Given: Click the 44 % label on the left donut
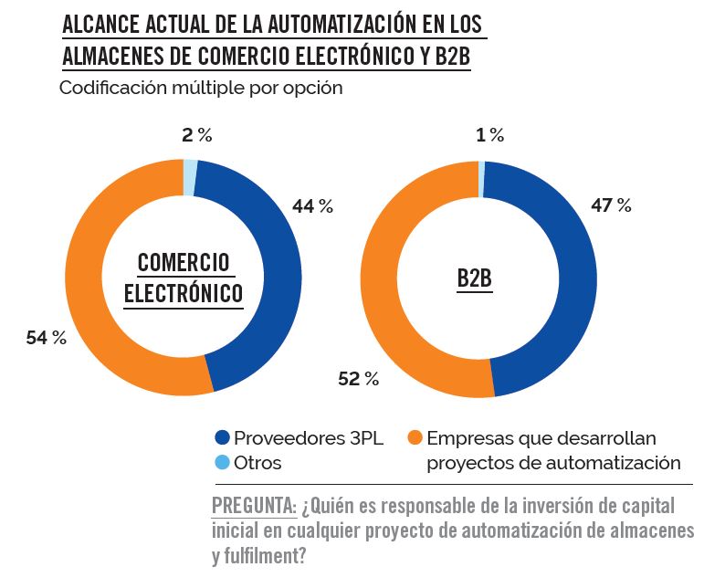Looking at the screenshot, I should click(x=312, y=206).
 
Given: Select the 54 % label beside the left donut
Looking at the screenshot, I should click(x=47, y=339).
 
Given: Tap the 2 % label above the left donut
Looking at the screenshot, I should click(x=196, y=135).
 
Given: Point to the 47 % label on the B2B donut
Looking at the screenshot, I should click(x=611, y=205).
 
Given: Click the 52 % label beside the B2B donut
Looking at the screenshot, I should click(x=358, y=379).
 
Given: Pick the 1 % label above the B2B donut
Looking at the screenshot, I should click(x=489, y=135).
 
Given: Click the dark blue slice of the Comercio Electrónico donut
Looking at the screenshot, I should click(x=274, y=274).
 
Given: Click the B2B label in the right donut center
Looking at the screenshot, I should click(x=474, y=278).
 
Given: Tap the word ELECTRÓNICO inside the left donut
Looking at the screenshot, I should click(x=184, y=294).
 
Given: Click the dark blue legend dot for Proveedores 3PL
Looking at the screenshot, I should click(x=222, y=437).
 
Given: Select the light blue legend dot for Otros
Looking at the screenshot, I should click(x=222, y=463).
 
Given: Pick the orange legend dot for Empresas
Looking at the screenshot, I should click(x=415, y=437).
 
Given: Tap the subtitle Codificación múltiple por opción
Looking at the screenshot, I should click(x=201, y=89).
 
